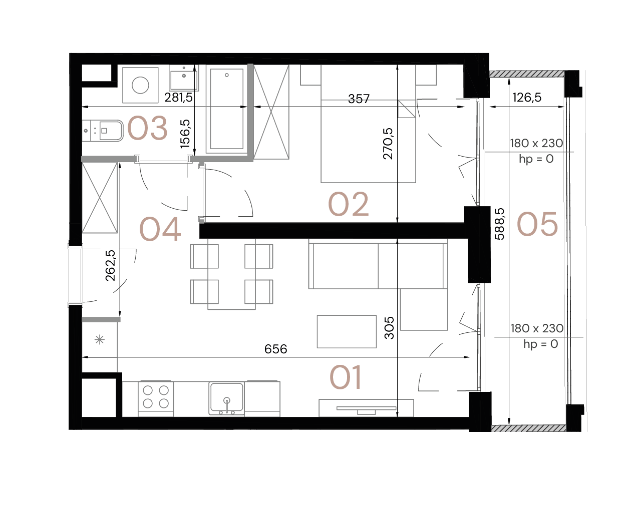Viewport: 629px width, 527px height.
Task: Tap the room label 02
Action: tap(349, 204)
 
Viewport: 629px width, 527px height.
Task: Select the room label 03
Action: tap(147, 128)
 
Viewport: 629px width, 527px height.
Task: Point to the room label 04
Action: tap(160, 230)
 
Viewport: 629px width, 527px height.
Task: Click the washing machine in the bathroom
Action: tap(140, 86)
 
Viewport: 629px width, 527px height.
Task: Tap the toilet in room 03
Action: tap(103, 131)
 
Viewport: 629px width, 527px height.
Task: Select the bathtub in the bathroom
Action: tap(226, 109)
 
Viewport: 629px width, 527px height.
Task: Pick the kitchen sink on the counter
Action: tap(227, 398)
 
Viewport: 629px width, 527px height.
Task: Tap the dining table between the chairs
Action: tap(231, 274)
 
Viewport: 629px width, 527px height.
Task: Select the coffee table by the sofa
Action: tap(347, 331)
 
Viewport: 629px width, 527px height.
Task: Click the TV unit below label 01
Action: tap(366, 408)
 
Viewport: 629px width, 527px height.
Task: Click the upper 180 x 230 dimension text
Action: tap(536, 144)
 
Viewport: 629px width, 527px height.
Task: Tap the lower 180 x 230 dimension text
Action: tap(537, 329)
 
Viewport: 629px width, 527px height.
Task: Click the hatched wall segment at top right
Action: tap(527, 74)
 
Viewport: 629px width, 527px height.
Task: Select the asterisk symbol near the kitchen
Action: tap(100, 340)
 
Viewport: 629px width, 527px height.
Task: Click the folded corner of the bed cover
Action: tap(406, 109)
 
